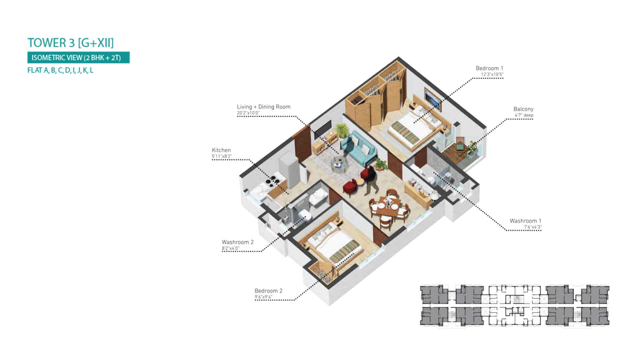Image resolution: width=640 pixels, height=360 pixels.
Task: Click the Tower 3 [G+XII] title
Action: pyautogui.click(x=71, y=43)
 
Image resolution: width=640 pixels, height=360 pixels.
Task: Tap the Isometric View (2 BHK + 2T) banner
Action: pyautogui.click(x=78, y=58)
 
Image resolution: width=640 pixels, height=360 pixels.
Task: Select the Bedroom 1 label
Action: pyautogui.click(x=489, y=68)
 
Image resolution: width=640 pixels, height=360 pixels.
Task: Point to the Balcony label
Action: pyautogui.click(x=523, y=109)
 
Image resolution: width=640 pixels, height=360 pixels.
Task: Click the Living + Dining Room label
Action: pyautogui.click(x=264, y=107)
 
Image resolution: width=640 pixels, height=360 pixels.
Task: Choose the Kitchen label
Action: pyautogui.click(x=221, y=150)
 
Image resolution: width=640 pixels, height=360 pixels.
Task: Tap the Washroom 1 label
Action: pyautogui.click(x=525, y=221)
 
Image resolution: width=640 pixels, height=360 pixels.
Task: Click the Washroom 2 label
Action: pyautogui.click(x=238, y=242)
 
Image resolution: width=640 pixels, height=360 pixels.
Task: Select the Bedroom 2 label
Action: pyautogui.click(x=268, y=291)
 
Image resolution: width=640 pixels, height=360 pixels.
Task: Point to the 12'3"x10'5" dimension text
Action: pyautogui.click(x=492, y=75)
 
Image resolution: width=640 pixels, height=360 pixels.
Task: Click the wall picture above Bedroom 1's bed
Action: pyautogui.click(x=433, y=100)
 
